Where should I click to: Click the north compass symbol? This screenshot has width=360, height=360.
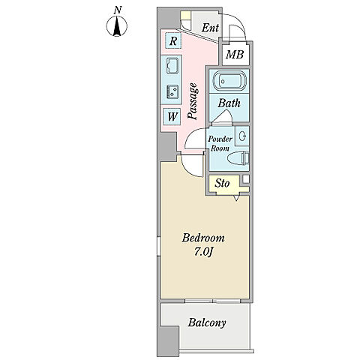[x=117, y=26]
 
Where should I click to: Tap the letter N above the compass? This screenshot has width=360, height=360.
[x=118, y=10]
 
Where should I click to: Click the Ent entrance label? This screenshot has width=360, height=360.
[x=210, y=28]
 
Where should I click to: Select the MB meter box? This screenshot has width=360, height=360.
[x=235, y=55]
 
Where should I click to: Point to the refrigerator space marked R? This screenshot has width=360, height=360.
[x=173, y=40]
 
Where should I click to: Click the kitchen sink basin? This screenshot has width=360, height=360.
[x=172, y=64]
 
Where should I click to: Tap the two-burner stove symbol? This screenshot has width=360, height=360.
[x=172, y=91]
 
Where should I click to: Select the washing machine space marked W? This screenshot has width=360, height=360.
[x=172, y=116]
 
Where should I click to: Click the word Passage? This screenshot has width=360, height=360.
[x=193, y=101]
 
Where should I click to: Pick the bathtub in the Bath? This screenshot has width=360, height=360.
[x=229, y=81]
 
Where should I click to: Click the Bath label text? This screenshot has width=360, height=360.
[x=229, y=103]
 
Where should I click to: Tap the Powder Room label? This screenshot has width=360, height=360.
[x=220, y=143]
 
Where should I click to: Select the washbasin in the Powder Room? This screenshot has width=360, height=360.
[x=242, y=136]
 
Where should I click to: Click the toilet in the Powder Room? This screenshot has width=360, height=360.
[x=238, y=159]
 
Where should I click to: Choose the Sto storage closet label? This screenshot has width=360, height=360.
[x=222, y=184]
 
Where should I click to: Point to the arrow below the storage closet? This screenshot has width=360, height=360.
[x=236, y=198]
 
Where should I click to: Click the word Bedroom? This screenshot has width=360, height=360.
[x=203, y=238]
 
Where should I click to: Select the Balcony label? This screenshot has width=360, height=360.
[x=207, y=323]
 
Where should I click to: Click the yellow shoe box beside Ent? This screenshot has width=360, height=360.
[x=185, y=15]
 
